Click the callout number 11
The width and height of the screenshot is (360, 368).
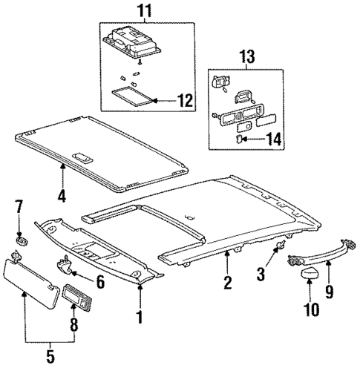point(145,12)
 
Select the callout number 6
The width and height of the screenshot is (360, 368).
point(100,282)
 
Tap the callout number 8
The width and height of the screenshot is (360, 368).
point(73,324)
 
